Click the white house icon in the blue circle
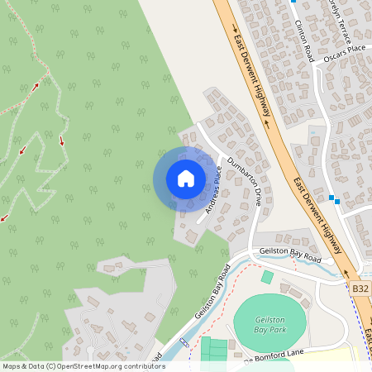pos(186,178)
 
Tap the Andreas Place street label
pos(208,193)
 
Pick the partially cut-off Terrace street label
pos(339,21)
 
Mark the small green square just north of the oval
pos(267,277)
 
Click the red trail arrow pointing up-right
pos(36,85)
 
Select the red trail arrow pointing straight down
pos(61,141)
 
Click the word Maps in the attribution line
pos(12,365)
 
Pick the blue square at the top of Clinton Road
pos(293,2)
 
